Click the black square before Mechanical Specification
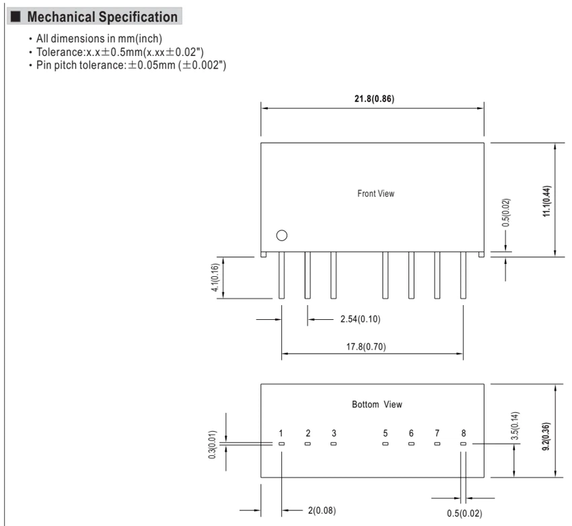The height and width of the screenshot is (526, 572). [x=15, y=17]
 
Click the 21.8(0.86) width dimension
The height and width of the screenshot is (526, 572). [x=374, y=99]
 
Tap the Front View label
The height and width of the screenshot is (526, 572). [x=376, y=193]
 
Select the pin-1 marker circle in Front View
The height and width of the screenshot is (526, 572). [x=281, y=236]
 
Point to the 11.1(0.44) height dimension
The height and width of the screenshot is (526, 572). [x=547, y=201]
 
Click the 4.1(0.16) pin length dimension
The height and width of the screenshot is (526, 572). [x=215, y=277]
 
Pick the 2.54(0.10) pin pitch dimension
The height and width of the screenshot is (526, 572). [x=361, y=319]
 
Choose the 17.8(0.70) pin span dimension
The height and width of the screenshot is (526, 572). [x=366, y=346]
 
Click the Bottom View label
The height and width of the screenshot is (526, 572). [x=377, y=405]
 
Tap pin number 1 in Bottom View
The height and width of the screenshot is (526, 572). [x=281, y=433]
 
